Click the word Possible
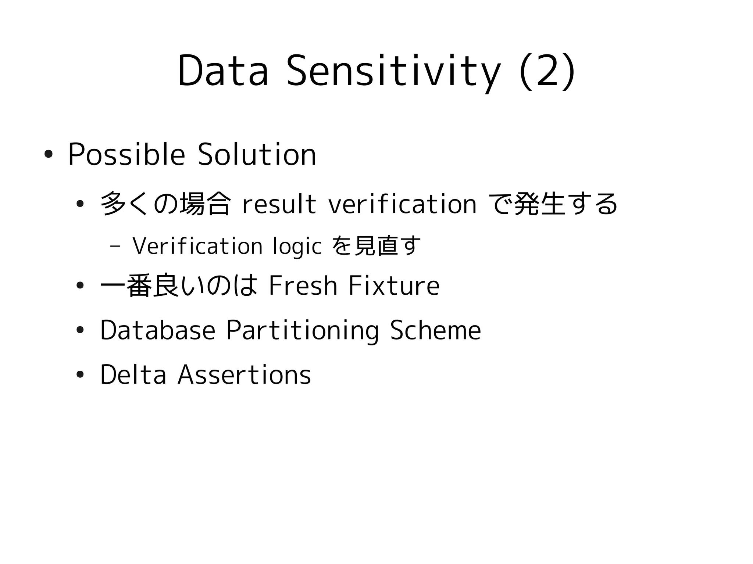126,155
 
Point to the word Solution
257,155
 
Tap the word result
279,204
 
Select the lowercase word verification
402,204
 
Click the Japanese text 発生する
565,204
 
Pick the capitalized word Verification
197,246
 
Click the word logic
297,247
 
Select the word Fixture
394,285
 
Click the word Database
157,330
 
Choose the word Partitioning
302,330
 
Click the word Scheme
435,330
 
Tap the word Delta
133,375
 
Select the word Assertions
244,375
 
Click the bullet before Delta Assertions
80,375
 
